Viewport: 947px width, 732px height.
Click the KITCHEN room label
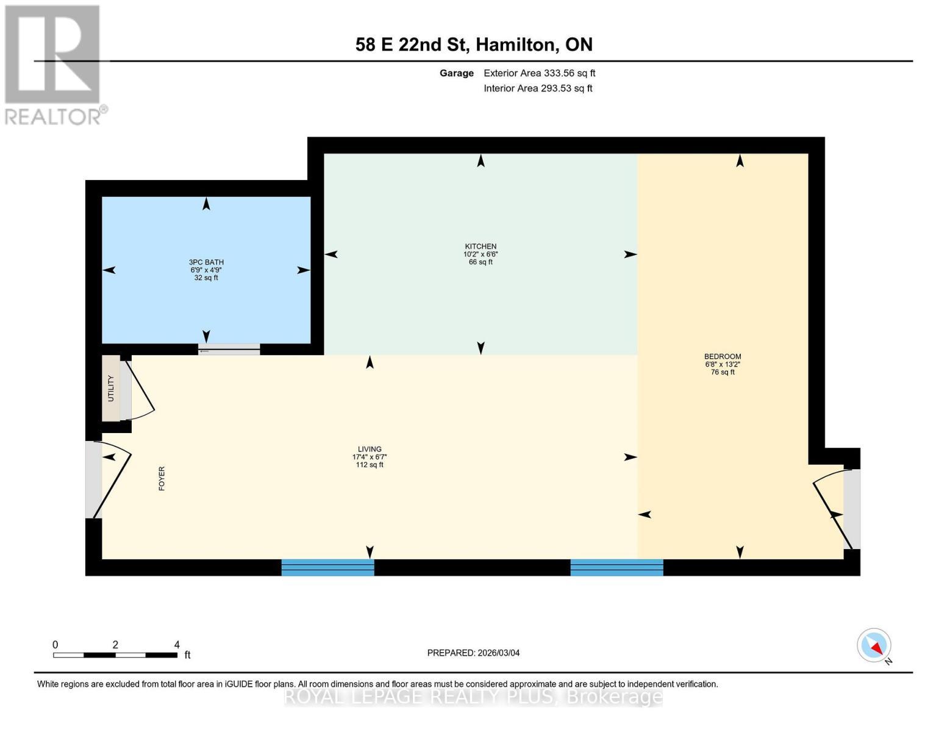point(481,246)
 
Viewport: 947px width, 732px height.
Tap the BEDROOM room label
point(723,357)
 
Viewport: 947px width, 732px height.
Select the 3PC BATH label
point(206,262)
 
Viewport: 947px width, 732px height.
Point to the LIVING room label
point(370,449)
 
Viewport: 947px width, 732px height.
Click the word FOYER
point(162,479)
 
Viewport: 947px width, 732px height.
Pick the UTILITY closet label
point(111,389)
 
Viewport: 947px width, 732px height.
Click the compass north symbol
point(874,645)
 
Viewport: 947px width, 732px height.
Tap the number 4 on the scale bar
point(177,645)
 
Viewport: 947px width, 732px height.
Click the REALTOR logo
point(54,64)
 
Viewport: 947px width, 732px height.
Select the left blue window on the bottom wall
point(327,568)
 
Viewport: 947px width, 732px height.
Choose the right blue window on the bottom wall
point(616,568)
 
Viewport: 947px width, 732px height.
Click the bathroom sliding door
point(229,350)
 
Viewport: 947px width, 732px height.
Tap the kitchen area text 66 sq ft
point(481,262)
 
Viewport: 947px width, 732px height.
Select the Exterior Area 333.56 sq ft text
point(539,73)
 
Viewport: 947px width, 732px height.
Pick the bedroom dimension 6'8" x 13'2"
point(723,364)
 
